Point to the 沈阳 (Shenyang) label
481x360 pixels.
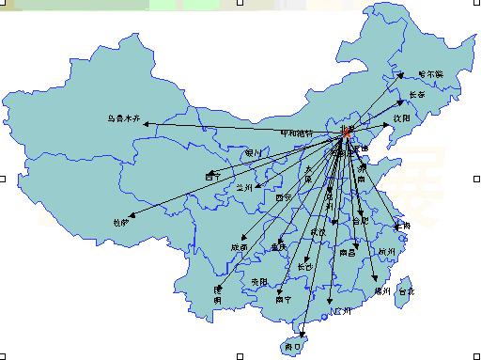point(403,118)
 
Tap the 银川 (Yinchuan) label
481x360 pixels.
point(253,152)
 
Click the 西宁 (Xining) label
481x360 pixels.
point(212,176)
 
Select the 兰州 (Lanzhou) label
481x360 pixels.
point(245,188)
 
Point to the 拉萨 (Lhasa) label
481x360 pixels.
point(119,223)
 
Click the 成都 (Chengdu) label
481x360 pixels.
point(239,247)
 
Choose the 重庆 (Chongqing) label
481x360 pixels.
point(278,247)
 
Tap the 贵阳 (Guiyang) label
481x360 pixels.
point(258,282)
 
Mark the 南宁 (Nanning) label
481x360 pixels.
point(283,300)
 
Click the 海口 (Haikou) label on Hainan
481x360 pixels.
point(292,345)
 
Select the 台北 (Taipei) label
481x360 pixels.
point(405,291)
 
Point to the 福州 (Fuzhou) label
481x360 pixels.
point(381,291)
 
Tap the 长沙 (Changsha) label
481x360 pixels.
point(305,267)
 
